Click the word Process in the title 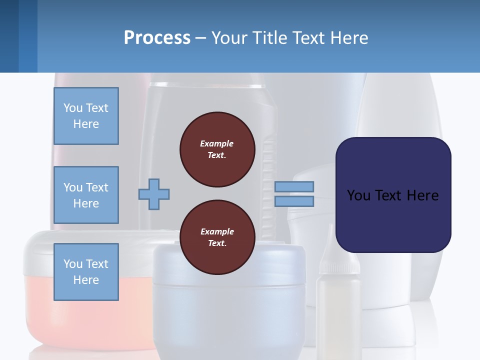tap(157, 38)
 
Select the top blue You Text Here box tap(86, 116)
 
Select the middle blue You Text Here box tap(86, 195)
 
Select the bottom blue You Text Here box tap(86, 271)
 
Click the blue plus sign tap(154, 193)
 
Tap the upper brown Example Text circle tap(217, 149)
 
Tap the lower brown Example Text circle tap(217, 237)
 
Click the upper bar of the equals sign tap(294, 186)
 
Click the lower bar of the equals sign tap(294, 201)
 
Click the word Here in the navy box tap(422, 195)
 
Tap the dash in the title tap(200, 38)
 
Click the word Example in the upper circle tap(217, 143)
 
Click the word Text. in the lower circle tap(217, 243)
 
